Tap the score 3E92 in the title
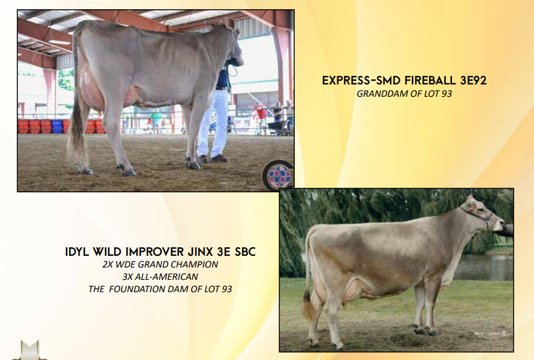click(474, 81)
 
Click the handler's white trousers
click(213, 123)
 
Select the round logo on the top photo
click(279, 176)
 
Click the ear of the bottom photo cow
click(472, 205)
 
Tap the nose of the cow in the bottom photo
click(501, 225)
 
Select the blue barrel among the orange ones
click(57, 126)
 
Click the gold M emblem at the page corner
click(30, 351)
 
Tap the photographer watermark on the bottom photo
click(490, 333)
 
